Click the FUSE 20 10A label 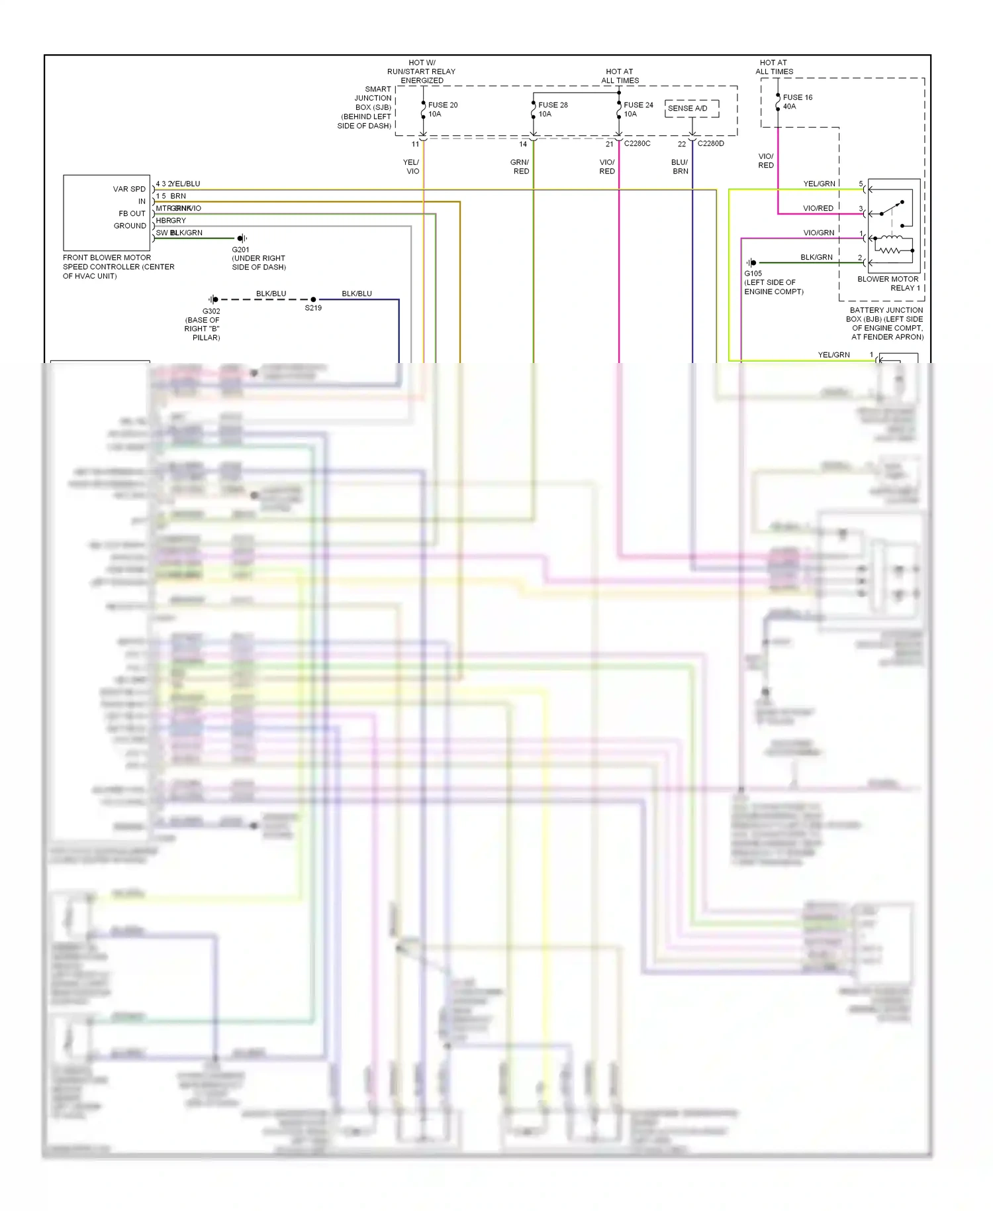[442, 109]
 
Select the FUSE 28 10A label [553, 109]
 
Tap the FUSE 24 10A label [638, 109]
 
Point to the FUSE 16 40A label [797, 101]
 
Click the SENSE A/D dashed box [692, 108]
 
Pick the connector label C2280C [637, 144]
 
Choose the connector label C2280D [710, 144]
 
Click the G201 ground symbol [242, 238]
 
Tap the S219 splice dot [313, 299]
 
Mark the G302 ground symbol [213, 299]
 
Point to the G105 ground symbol [751, 263]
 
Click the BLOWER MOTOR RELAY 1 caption [888, 284]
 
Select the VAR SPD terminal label [129, 189]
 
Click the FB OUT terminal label [132, 213]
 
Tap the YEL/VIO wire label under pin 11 [412, 166]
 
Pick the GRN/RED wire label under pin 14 [520, 166]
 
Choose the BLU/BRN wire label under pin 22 [680, 166]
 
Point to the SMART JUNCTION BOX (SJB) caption [365, 107]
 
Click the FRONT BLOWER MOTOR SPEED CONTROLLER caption [118, 266]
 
